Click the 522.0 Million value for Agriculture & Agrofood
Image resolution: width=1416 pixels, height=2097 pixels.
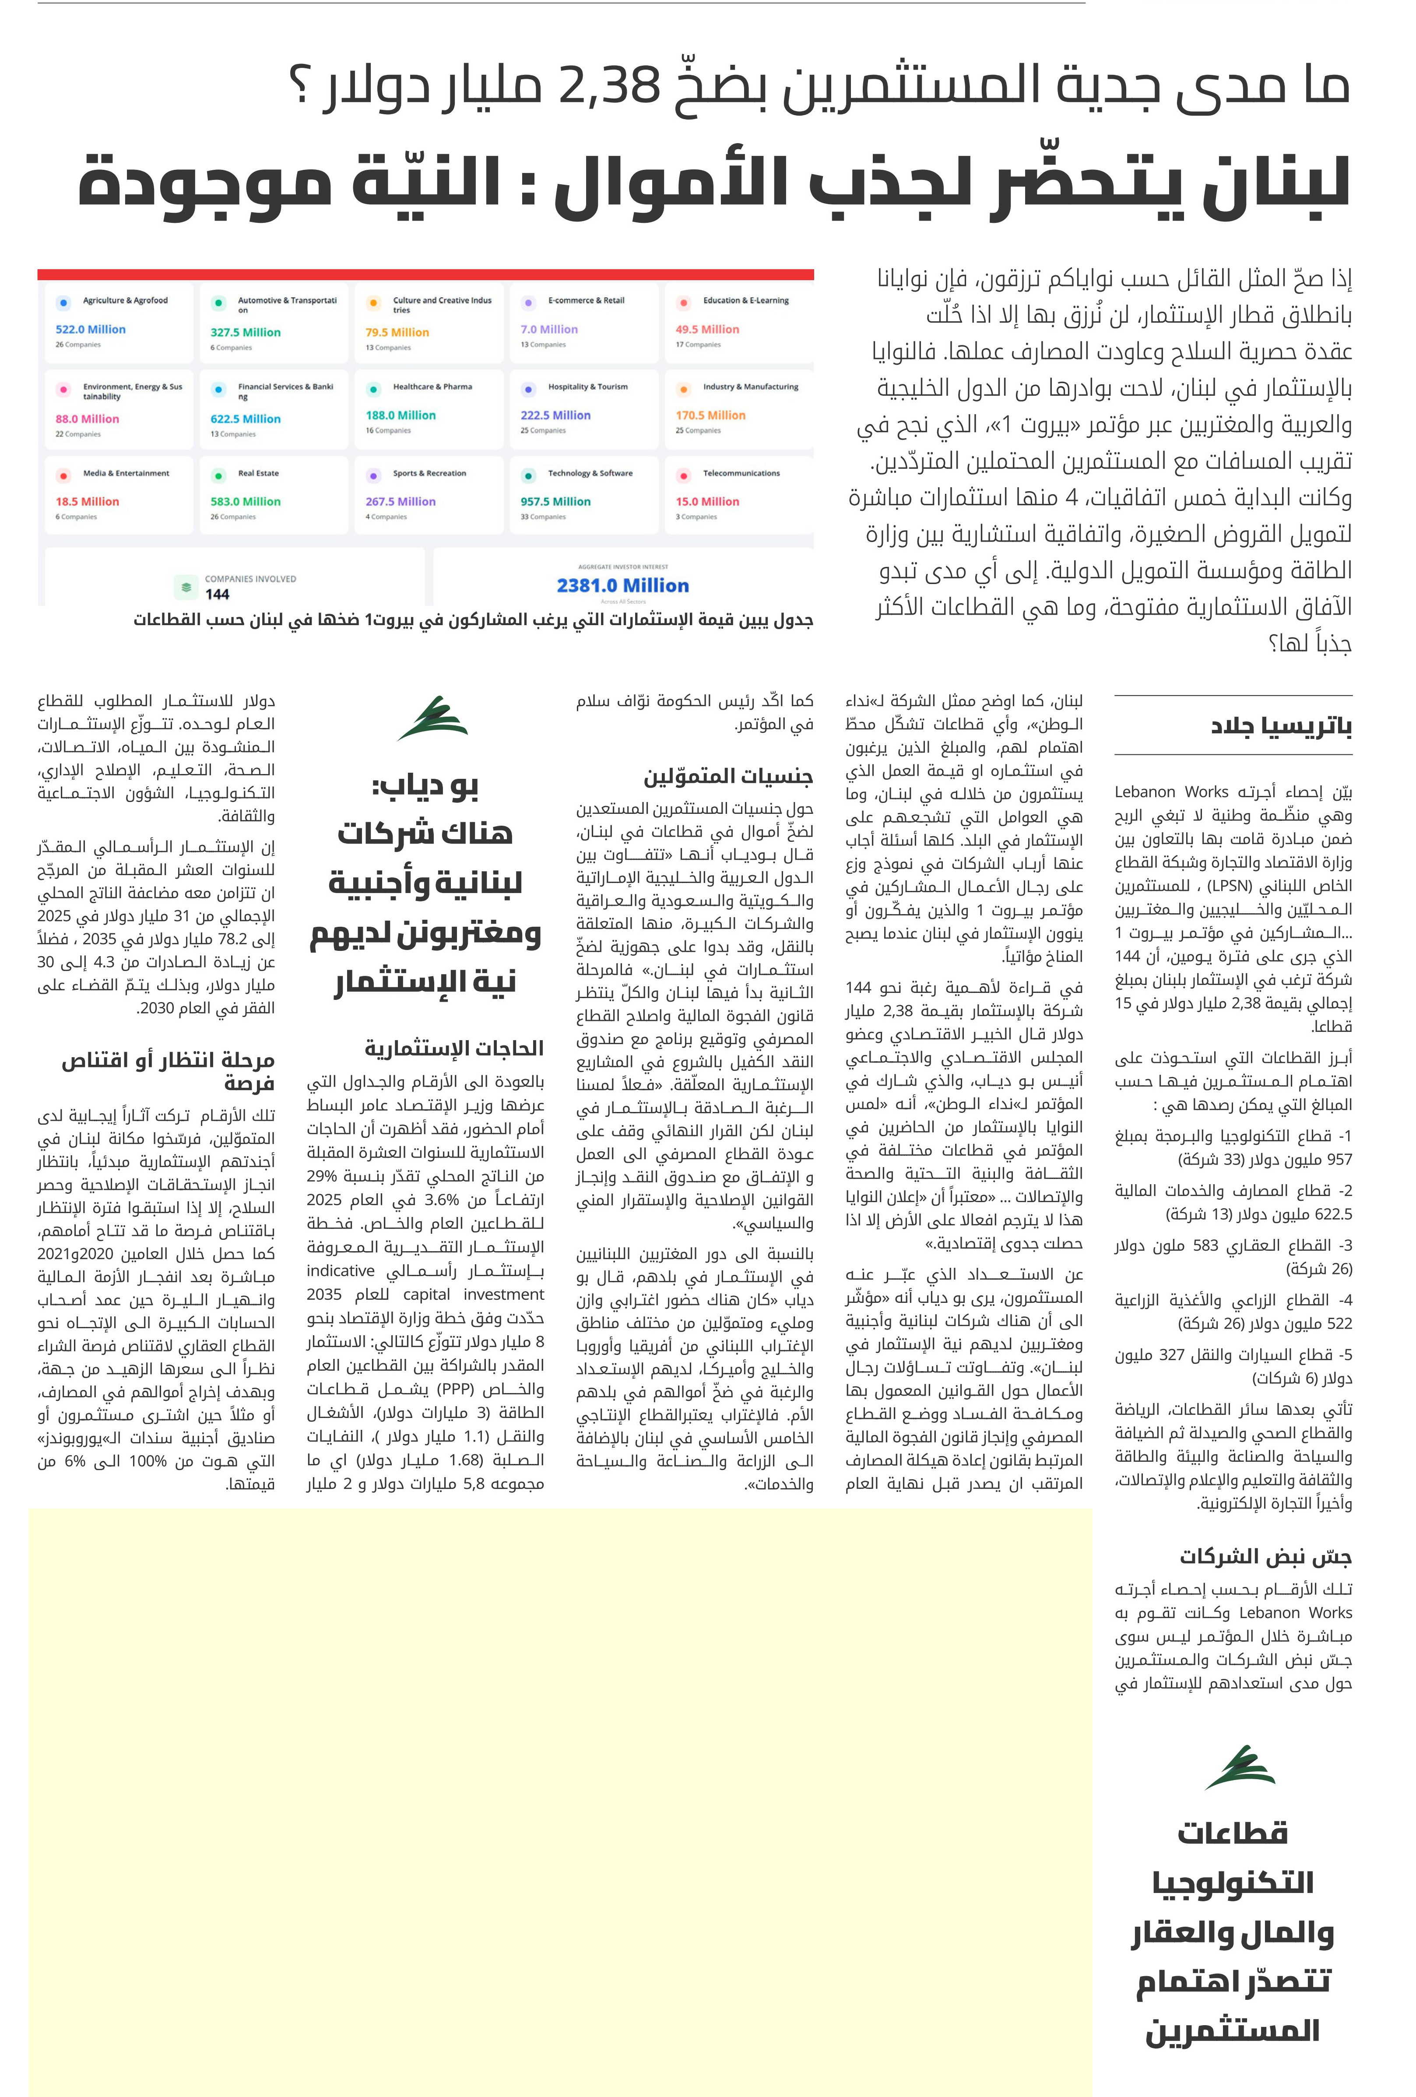90,329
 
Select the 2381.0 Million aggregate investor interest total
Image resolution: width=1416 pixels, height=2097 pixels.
622,586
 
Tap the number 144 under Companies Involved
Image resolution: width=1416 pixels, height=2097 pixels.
218,595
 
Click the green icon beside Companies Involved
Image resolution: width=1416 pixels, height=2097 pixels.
186,587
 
